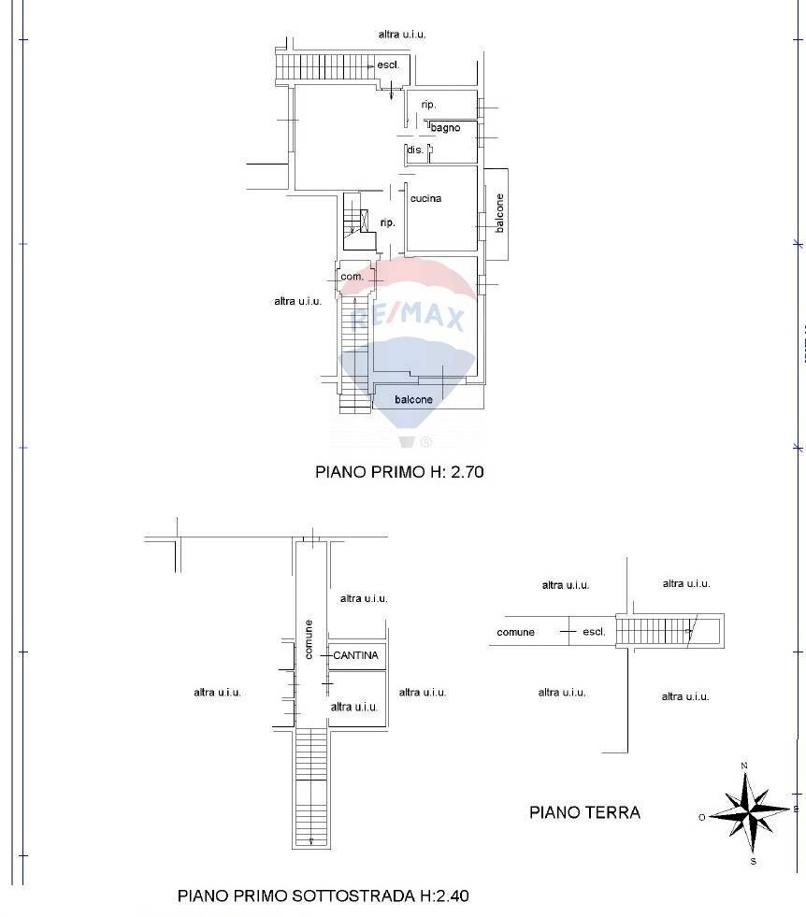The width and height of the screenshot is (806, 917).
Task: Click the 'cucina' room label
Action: pyautogui.click(x=425, y=198)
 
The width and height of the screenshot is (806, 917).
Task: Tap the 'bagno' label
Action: pyautogui.click(x=445, y=128)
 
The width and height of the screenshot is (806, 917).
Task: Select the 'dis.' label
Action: pyautogui.click(x=414, y=150)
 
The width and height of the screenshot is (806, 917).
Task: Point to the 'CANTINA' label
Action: pyautogui.click(x=355, y=655)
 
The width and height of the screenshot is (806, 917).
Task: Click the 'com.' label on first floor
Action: pyautogui.click(x=352, y=277)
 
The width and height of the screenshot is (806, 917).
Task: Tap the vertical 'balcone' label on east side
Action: pyautogui.click(x=500, y=213)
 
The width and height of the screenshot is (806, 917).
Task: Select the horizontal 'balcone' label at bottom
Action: pyautogui.click(x=413, y=399)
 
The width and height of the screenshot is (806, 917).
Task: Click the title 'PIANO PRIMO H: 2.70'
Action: pyautogui.click(x=399, y=472)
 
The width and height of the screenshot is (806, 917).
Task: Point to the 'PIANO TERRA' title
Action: pyautogui.click(x=584, y=812)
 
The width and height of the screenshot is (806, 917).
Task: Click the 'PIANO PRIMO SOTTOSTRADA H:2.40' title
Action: pyautogui.click(x=323, y=896)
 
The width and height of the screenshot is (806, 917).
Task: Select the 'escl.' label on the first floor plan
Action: pyautogui.click(x=388, y=64)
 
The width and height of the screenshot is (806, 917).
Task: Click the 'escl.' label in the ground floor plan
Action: pyautogui.click(x=594, y=632)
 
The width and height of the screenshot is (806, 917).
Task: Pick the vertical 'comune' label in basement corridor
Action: pyautogui.click(x=309, y=639)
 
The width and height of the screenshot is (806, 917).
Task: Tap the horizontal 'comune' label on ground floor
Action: pyautogui.click(x=515, y=632)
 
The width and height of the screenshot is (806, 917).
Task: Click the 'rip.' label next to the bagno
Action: pyautogui.click(x=428, y=105)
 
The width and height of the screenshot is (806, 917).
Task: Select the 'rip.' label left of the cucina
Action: pyautogui.click(x=387, y=222)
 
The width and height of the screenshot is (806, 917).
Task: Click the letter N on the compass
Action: pyautogui.click(x=744, y=766)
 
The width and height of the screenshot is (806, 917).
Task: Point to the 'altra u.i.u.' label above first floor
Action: pyautogui.click(x=402, y=34)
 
